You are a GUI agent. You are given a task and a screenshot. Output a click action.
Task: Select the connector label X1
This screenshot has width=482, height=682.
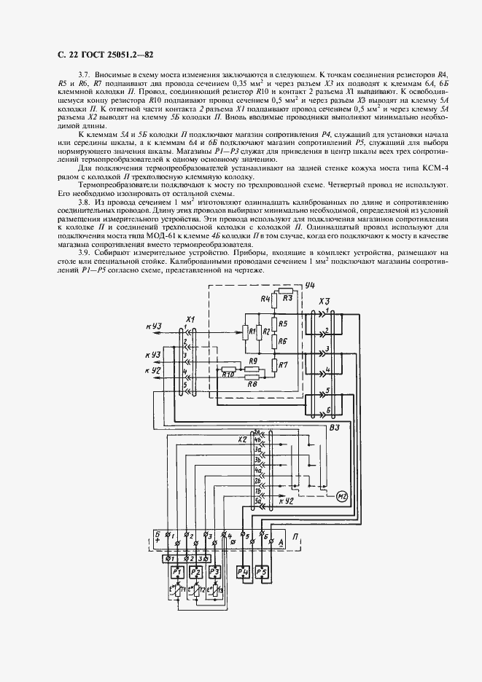click(x=191, y=320)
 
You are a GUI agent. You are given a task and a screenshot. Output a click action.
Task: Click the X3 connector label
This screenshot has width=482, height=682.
click(x=325, y=301)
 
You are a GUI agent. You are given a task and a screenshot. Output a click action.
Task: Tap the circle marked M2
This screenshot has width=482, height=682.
click(x=342, y=497)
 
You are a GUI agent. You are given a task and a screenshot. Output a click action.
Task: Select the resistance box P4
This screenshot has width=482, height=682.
click(x=244, y=571)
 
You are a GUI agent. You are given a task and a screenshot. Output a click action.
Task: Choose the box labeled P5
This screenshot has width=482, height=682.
click(x=263, y=571)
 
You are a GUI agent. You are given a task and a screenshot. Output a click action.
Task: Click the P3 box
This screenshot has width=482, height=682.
click(x=214, y=572)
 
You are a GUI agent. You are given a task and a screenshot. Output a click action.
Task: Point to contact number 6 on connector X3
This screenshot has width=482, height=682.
click(x=329, y=410)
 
